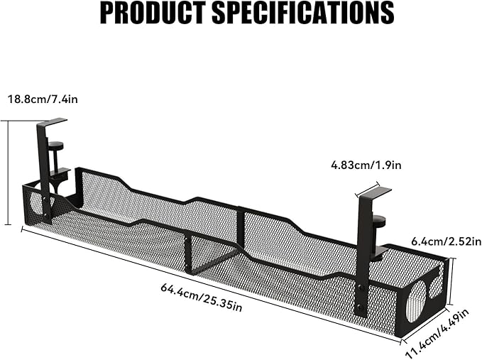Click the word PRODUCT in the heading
point(153,13)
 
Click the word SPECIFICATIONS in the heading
point(303,13)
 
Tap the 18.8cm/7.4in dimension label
point(43,99)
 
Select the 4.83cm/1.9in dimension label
point(366,165)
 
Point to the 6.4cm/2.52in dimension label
point(447,241)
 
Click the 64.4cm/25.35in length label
point(202,298)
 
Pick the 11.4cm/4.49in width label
point(437,334)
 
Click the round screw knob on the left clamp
point(55,145)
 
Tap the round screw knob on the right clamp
point(379,219)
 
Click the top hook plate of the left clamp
point(52,121)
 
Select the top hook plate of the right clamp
point(376,192)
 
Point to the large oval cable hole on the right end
point(416,302)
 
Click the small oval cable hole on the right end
point(436,288)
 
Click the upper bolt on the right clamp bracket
point(361,288)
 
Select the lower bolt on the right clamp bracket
point(361,307)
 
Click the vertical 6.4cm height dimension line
point(451,281)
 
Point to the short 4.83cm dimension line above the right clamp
point(367,188)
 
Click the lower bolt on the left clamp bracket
point(46,215)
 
